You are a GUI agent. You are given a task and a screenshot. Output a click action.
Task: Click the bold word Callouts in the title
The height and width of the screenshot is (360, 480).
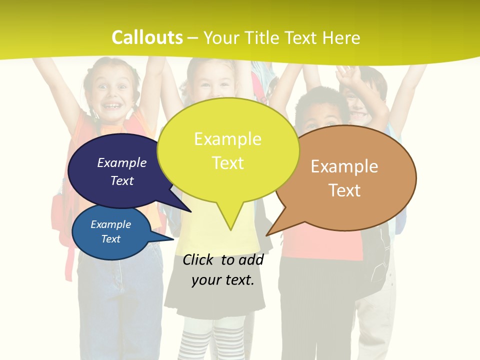147,37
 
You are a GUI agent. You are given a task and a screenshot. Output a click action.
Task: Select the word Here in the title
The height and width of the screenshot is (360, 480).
342,37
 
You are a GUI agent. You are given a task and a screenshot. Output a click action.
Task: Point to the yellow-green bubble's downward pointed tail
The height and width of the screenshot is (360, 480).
230,220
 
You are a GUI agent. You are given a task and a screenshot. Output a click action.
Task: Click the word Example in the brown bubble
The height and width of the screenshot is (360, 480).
344,166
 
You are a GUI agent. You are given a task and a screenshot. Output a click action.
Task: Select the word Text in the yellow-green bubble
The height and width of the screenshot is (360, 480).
228,163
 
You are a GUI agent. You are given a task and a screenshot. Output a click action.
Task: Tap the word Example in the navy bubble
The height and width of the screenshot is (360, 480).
122,162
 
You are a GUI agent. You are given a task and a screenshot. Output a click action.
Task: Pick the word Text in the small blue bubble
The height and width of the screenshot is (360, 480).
111,239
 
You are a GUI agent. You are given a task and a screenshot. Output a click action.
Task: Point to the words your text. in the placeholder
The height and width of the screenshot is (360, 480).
223,279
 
